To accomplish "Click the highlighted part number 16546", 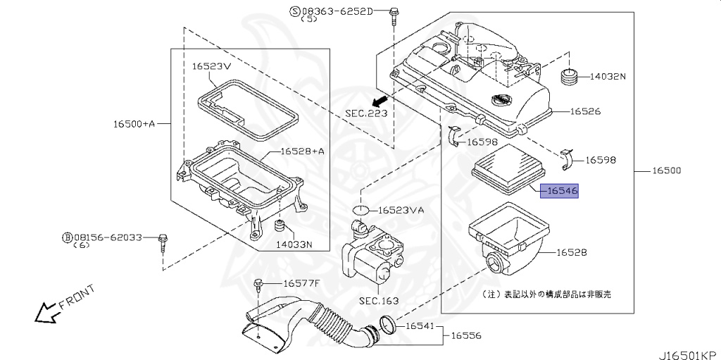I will (560, 191).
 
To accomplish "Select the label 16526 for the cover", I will (585, 111).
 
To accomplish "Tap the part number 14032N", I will (607, 76).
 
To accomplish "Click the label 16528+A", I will (302, 151).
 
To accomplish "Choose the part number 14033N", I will (293, 245).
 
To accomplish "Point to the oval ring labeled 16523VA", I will (360, 210).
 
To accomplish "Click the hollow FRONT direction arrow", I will (47, 311).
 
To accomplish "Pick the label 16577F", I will (301, 283).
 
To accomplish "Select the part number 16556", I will (466, 336).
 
